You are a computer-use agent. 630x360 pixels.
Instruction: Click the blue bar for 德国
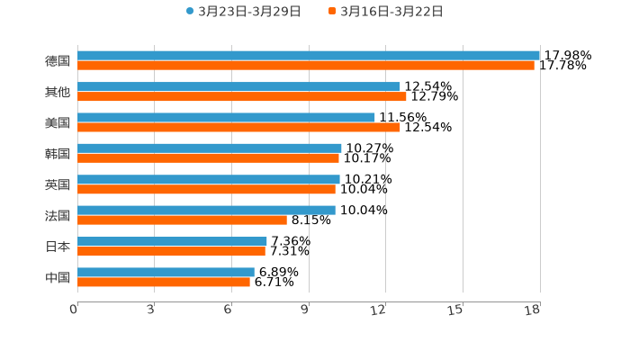(x=309, y=56)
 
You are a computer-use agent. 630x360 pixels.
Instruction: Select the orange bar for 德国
(x=306, y=66)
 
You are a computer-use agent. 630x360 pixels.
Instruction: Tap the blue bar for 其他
(x=238, y=86)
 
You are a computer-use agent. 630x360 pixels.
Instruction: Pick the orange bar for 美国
(x=238, y=127)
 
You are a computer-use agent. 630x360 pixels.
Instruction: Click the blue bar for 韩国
(x=210, y=148)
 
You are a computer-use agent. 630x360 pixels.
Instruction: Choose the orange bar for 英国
(x=206, y=189)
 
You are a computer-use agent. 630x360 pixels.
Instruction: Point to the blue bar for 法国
(x=206, y=210)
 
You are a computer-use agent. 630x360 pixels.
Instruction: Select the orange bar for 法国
(x=182, y=220)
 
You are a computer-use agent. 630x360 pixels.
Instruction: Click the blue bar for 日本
(x=172, y=241)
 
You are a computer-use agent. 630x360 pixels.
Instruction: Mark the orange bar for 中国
(x=164, y=282)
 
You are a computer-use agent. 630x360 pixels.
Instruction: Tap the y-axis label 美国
(x=58, y=122)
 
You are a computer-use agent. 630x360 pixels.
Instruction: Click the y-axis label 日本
(x=58, y=246)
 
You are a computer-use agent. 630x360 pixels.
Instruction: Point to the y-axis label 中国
(x=58, y=277)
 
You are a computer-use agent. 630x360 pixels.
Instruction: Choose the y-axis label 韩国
(x=58, y=153)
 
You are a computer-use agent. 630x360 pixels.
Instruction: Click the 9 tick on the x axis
(x=305, y=310)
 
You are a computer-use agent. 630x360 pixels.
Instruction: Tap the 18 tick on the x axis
(x=533, y=310)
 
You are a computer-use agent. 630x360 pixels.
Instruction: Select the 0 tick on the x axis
(x=74, y=310)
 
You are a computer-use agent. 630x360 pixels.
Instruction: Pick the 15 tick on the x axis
(x=456, y=310)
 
